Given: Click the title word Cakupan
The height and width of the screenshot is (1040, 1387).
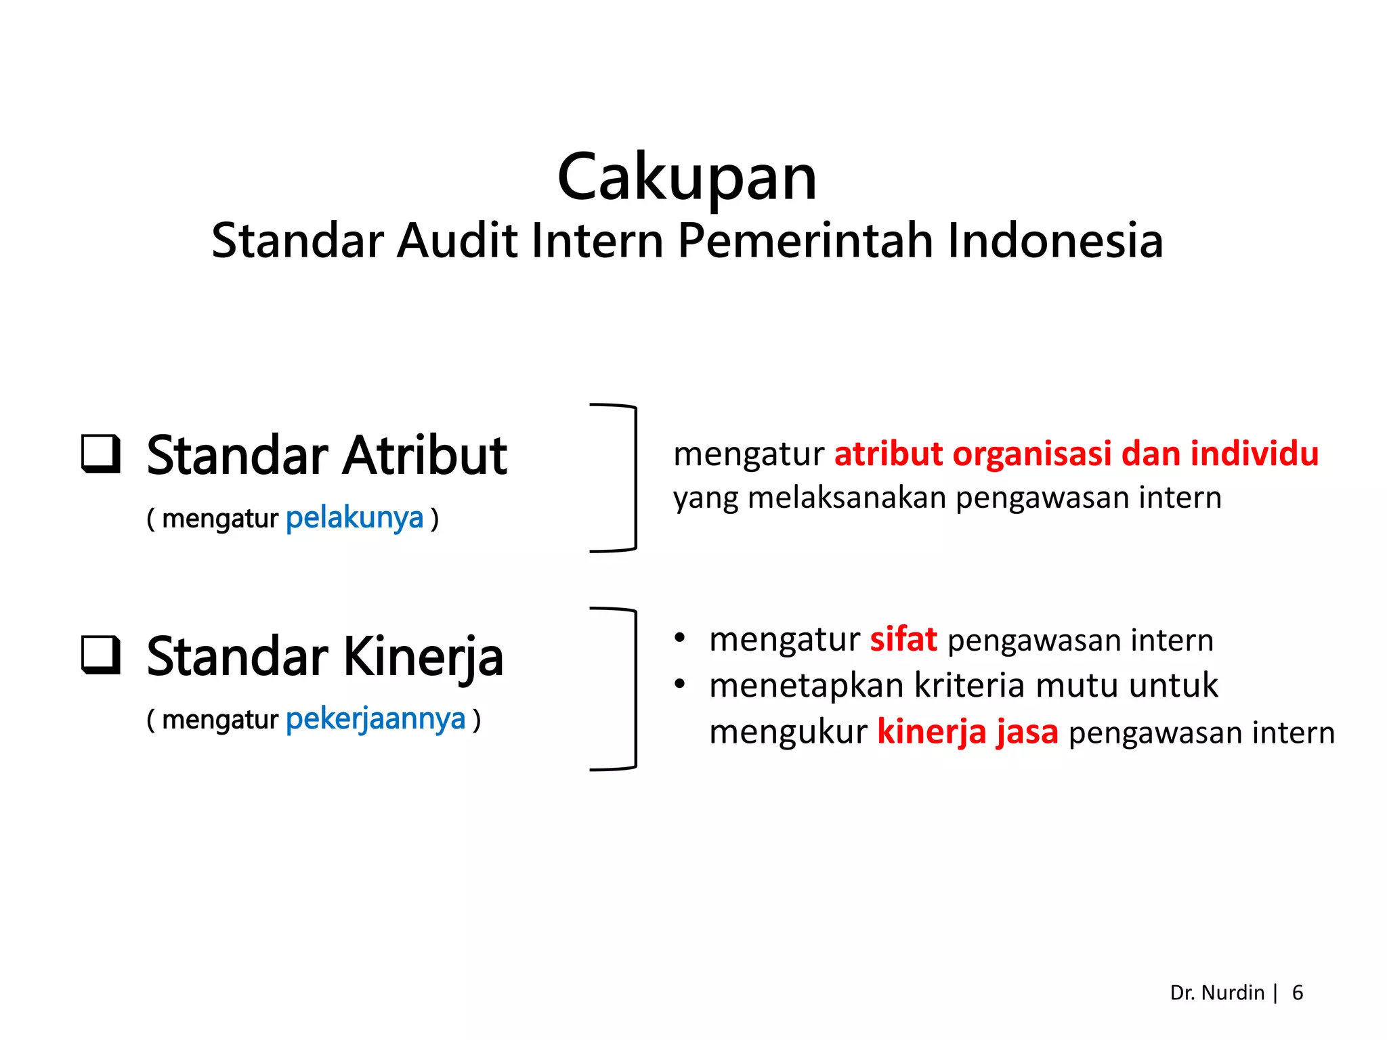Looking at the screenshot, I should point(687,177).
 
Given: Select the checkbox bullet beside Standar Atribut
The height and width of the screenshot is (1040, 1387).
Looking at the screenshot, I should point(101,453).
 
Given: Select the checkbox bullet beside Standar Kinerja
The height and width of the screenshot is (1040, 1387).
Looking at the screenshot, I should point(101,655).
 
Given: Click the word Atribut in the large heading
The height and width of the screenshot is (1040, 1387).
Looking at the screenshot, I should point(425,456).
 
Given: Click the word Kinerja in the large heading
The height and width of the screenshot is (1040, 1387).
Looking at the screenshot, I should point(423,657).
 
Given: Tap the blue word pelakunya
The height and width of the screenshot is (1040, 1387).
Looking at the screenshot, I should point(354,519).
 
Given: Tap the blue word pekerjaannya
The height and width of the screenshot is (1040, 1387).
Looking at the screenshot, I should point(375,719).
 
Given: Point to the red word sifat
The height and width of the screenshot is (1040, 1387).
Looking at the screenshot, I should point(903,639).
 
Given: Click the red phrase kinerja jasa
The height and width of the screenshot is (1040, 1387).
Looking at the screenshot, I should point(967,732).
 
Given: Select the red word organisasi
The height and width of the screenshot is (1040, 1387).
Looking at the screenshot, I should point(1031,454).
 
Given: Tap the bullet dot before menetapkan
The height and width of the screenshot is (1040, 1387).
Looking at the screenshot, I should point(680,684).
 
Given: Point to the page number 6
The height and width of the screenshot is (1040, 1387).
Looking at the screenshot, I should point(1297,993).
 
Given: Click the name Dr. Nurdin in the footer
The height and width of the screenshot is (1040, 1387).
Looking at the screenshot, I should point(1216,993).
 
